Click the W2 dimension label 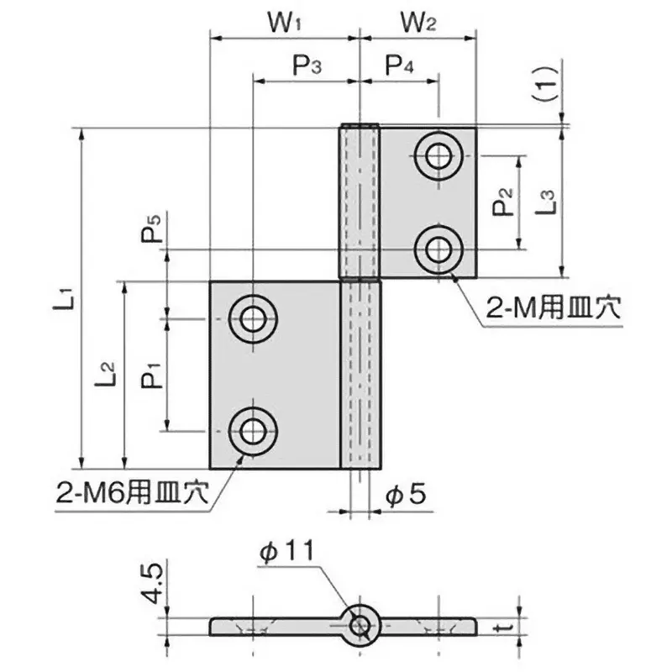point(417,23)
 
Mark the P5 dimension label point(152,228)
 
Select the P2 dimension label point(502,202)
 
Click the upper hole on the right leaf point(438,155)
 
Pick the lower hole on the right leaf point(438,249)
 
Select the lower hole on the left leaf point(251,432)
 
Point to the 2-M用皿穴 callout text point(552,310)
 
